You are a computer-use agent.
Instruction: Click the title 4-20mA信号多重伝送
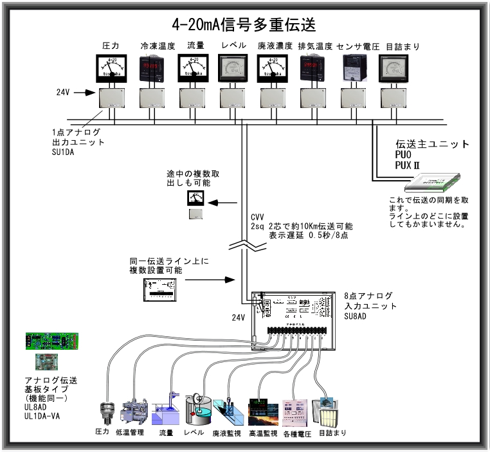[x=244, y=24]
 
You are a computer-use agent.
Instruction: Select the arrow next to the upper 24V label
[x=83, y=93]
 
